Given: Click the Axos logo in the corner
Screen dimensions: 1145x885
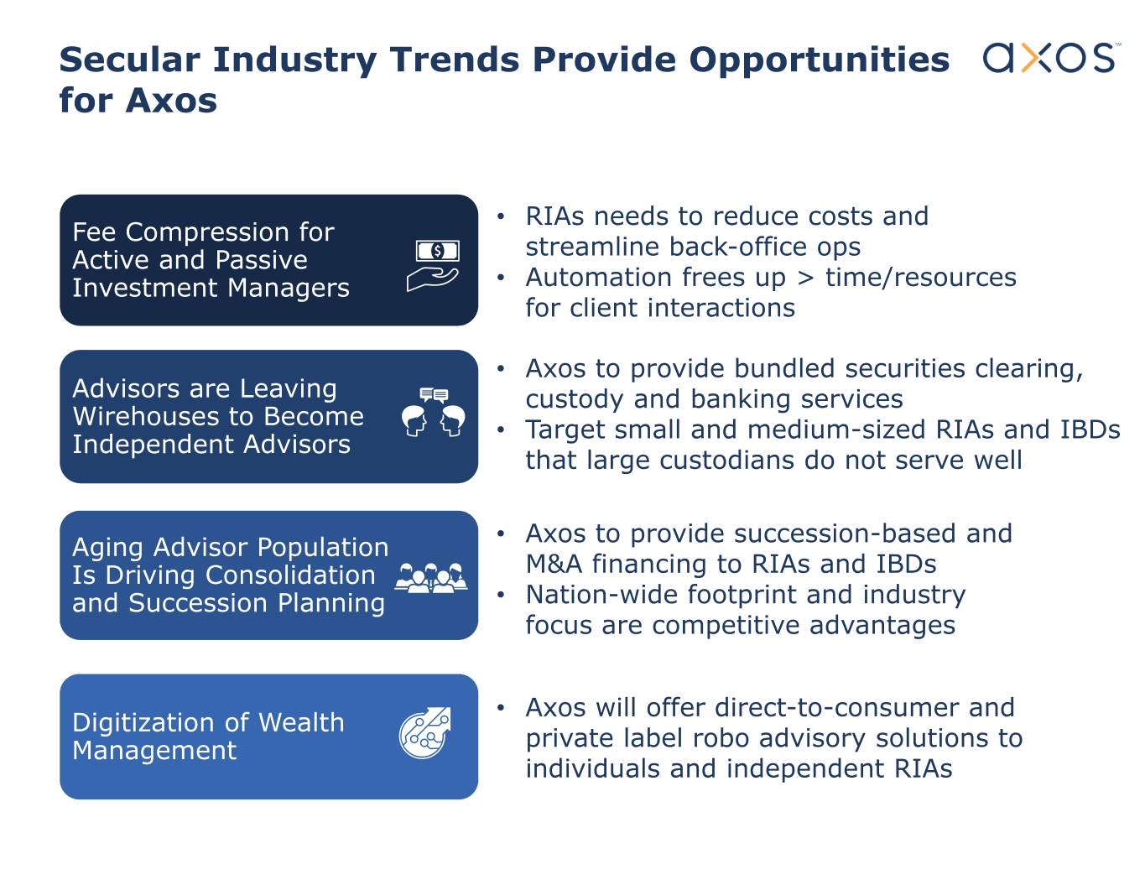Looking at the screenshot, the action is pos(1051,57).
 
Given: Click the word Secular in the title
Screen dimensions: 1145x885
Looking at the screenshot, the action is pos(130,59).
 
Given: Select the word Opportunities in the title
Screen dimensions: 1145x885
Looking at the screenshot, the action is pos(820,60).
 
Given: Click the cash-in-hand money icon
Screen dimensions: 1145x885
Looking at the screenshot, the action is pos(433,265).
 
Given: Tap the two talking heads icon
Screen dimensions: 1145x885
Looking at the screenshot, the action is pos(433,412).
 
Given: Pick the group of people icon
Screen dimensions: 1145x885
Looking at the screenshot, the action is pos(431,578).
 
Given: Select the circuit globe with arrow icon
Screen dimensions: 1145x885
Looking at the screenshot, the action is pos(425,733).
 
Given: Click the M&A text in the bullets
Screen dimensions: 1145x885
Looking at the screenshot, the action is pos(554,565).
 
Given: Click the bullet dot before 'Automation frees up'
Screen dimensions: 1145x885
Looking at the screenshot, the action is pos(501,278).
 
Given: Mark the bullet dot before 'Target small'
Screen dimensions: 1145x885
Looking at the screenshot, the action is pos(501,429).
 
